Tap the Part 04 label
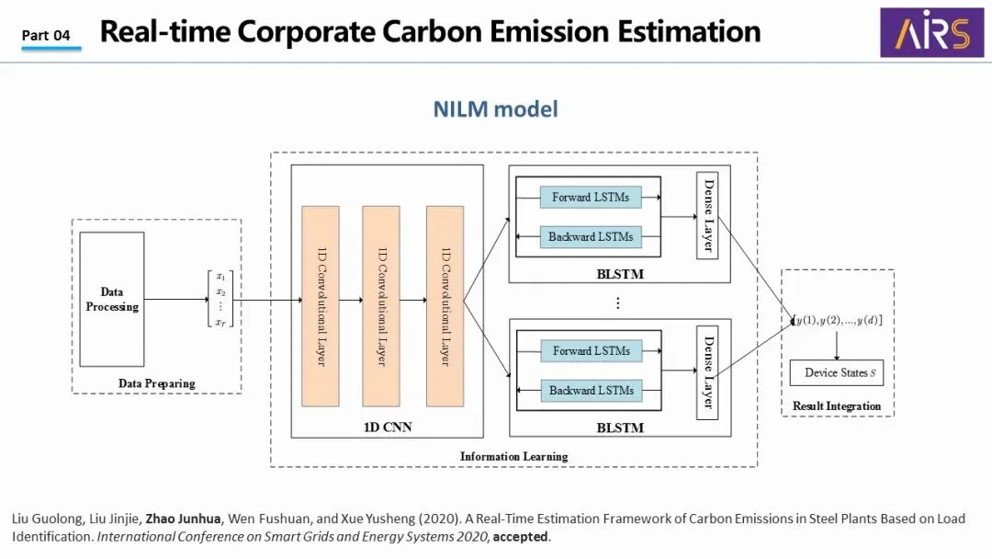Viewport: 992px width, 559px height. (46, 35)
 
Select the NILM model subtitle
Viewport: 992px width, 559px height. (495, 109)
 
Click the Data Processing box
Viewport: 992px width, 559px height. (112, 300)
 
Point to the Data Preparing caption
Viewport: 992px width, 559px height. (156, 383)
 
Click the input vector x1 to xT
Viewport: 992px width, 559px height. (220, 299)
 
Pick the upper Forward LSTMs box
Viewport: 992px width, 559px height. (591, 198)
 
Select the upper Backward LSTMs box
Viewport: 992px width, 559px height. (591, 236)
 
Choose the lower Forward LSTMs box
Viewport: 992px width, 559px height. (591, 350)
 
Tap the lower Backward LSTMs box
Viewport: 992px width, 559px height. (591, 390)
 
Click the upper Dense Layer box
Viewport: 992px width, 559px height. (707, 215)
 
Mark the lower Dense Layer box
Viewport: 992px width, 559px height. (707, 371)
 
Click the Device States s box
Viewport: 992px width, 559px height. (836, 372)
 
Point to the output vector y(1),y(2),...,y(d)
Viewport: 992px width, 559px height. (838, 320)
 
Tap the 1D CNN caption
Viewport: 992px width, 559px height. (386, 427)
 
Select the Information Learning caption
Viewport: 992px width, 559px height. (513, 456)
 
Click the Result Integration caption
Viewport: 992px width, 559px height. (837, 406)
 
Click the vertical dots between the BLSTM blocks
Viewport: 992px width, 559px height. (618, 302)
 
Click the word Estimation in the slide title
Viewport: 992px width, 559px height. (683, 31)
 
